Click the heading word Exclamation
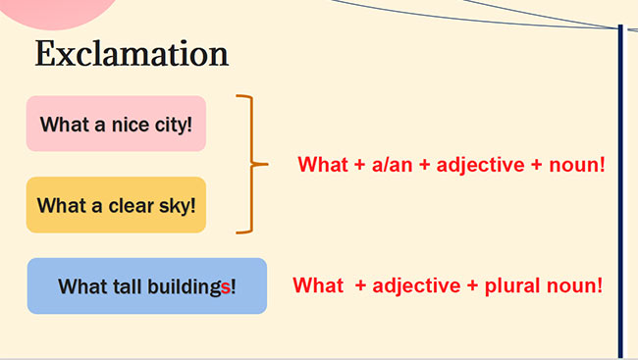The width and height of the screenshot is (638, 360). click(x=132, y=54)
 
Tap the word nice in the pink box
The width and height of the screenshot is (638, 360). click(x=129, y=125)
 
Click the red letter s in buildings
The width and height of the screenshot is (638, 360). click(x=226, y=287)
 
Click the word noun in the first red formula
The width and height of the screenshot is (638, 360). click(x=576, y=164)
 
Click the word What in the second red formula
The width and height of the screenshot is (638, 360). click(x=318, y=285)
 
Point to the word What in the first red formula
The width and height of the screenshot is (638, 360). click(x=322, y=164)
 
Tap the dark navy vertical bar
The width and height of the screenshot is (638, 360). click(x=620, y=196)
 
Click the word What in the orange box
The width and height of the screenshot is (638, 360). click(x=64, y=206)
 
